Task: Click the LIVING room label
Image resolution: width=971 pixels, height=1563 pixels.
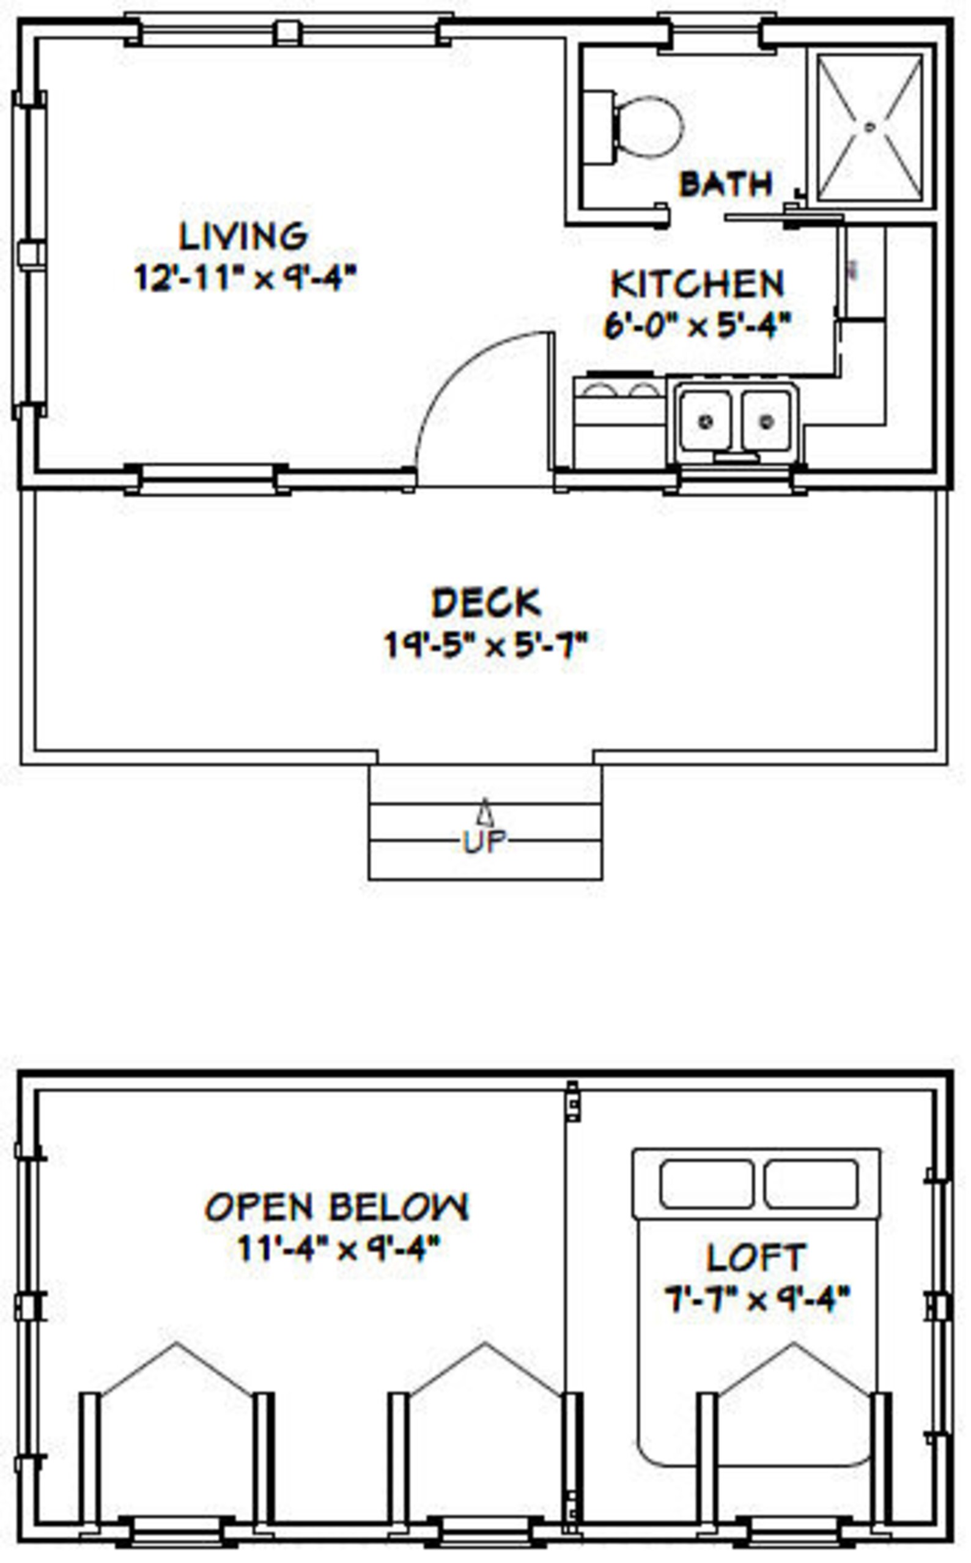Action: tap(243, 236)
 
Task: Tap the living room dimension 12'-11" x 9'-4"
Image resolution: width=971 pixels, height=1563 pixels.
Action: tap(245, 278)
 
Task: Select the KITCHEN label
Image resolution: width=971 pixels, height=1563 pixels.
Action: tap(698, 284)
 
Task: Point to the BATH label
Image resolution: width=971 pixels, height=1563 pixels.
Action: tap(726, 184)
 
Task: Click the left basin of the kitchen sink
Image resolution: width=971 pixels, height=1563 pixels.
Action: tap(705, 421)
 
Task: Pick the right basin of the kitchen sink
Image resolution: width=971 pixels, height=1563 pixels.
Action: tap(766, 421)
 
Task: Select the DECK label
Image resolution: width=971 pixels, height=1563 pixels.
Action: tap(486, 603)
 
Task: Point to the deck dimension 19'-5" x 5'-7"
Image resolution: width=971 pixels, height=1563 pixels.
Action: tap(486, 644)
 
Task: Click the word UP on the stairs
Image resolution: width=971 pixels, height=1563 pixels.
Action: tap(485, 841)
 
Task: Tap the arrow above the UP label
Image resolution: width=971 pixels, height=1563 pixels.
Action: tap(485, 812)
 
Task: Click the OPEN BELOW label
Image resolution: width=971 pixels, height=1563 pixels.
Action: tap(337, 1207)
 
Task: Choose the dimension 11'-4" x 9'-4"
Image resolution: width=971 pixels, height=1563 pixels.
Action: tap(338, 1249)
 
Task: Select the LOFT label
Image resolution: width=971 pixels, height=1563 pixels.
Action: tap(756, 1258)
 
